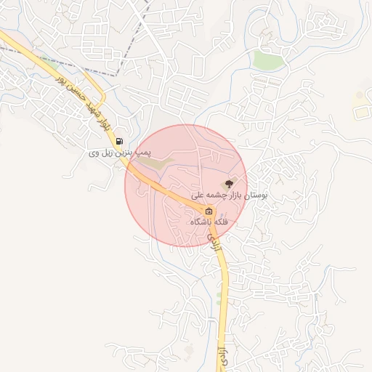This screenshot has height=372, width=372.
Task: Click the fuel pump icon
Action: [119, 142]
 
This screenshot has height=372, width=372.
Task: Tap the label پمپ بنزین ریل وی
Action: [119, 153]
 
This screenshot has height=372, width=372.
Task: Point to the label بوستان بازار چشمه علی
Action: [230, 196]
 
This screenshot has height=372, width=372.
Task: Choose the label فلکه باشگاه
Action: [209, 222]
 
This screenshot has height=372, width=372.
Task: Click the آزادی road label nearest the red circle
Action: [214, 241]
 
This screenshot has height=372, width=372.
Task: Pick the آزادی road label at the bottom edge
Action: [221, 356]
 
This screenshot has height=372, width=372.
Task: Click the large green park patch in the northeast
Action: [268, 60]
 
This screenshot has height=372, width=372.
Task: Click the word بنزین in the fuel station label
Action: [126, 153]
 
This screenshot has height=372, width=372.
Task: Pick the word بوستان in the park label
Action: [254, 196]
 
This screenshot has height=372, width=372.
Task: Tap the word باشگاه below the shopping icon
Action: [202, 222]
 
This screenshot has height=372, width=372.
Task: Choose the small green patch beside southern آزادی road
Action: [219, 299]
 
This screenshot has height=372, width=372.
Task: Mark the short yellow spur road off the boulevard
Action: [102, 98]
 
